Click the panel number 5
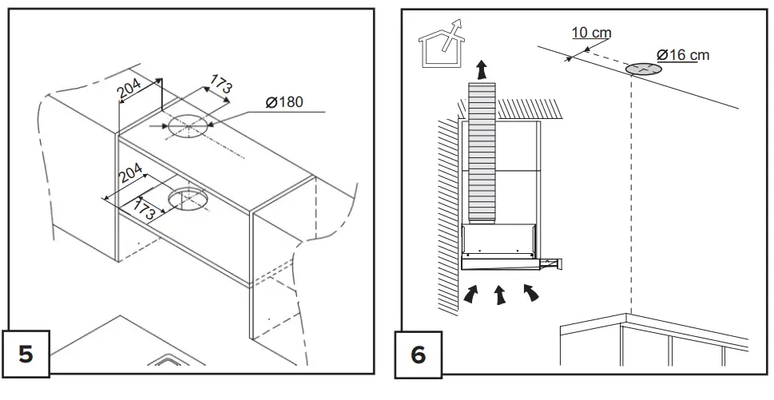click(26, 353)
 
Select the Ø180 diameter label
click(285, 102)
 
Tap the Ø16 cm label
click(683, 55)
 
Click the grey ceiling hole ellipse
click(643, 69)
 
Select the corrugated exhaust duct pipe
click(482, 152)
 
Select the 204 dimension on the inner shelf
click(130, 175)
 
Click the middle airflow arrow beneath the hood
click(500, 295)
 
